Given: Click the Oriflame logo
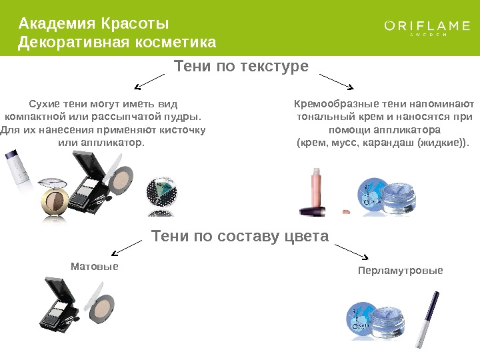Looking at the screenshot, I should coord(427,27).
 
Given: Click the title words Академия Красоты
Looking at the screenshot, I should coord(94,25).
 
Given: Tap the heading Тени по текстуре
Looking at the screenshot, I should coord(241,67).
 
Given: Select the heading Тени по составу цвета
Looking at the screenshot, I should coord(241,237).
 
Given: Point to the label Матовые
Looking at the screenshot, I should coord(94,266).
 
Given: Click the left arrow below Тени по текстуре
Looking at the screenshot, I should coord(149,82).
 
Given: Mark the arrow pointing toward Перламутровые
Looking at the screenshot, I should coord(351,251).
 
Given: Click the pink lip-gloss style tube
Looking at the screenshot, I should coord(314,193).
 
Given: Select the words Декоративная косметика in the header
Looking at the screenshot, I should coord(117,43).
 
